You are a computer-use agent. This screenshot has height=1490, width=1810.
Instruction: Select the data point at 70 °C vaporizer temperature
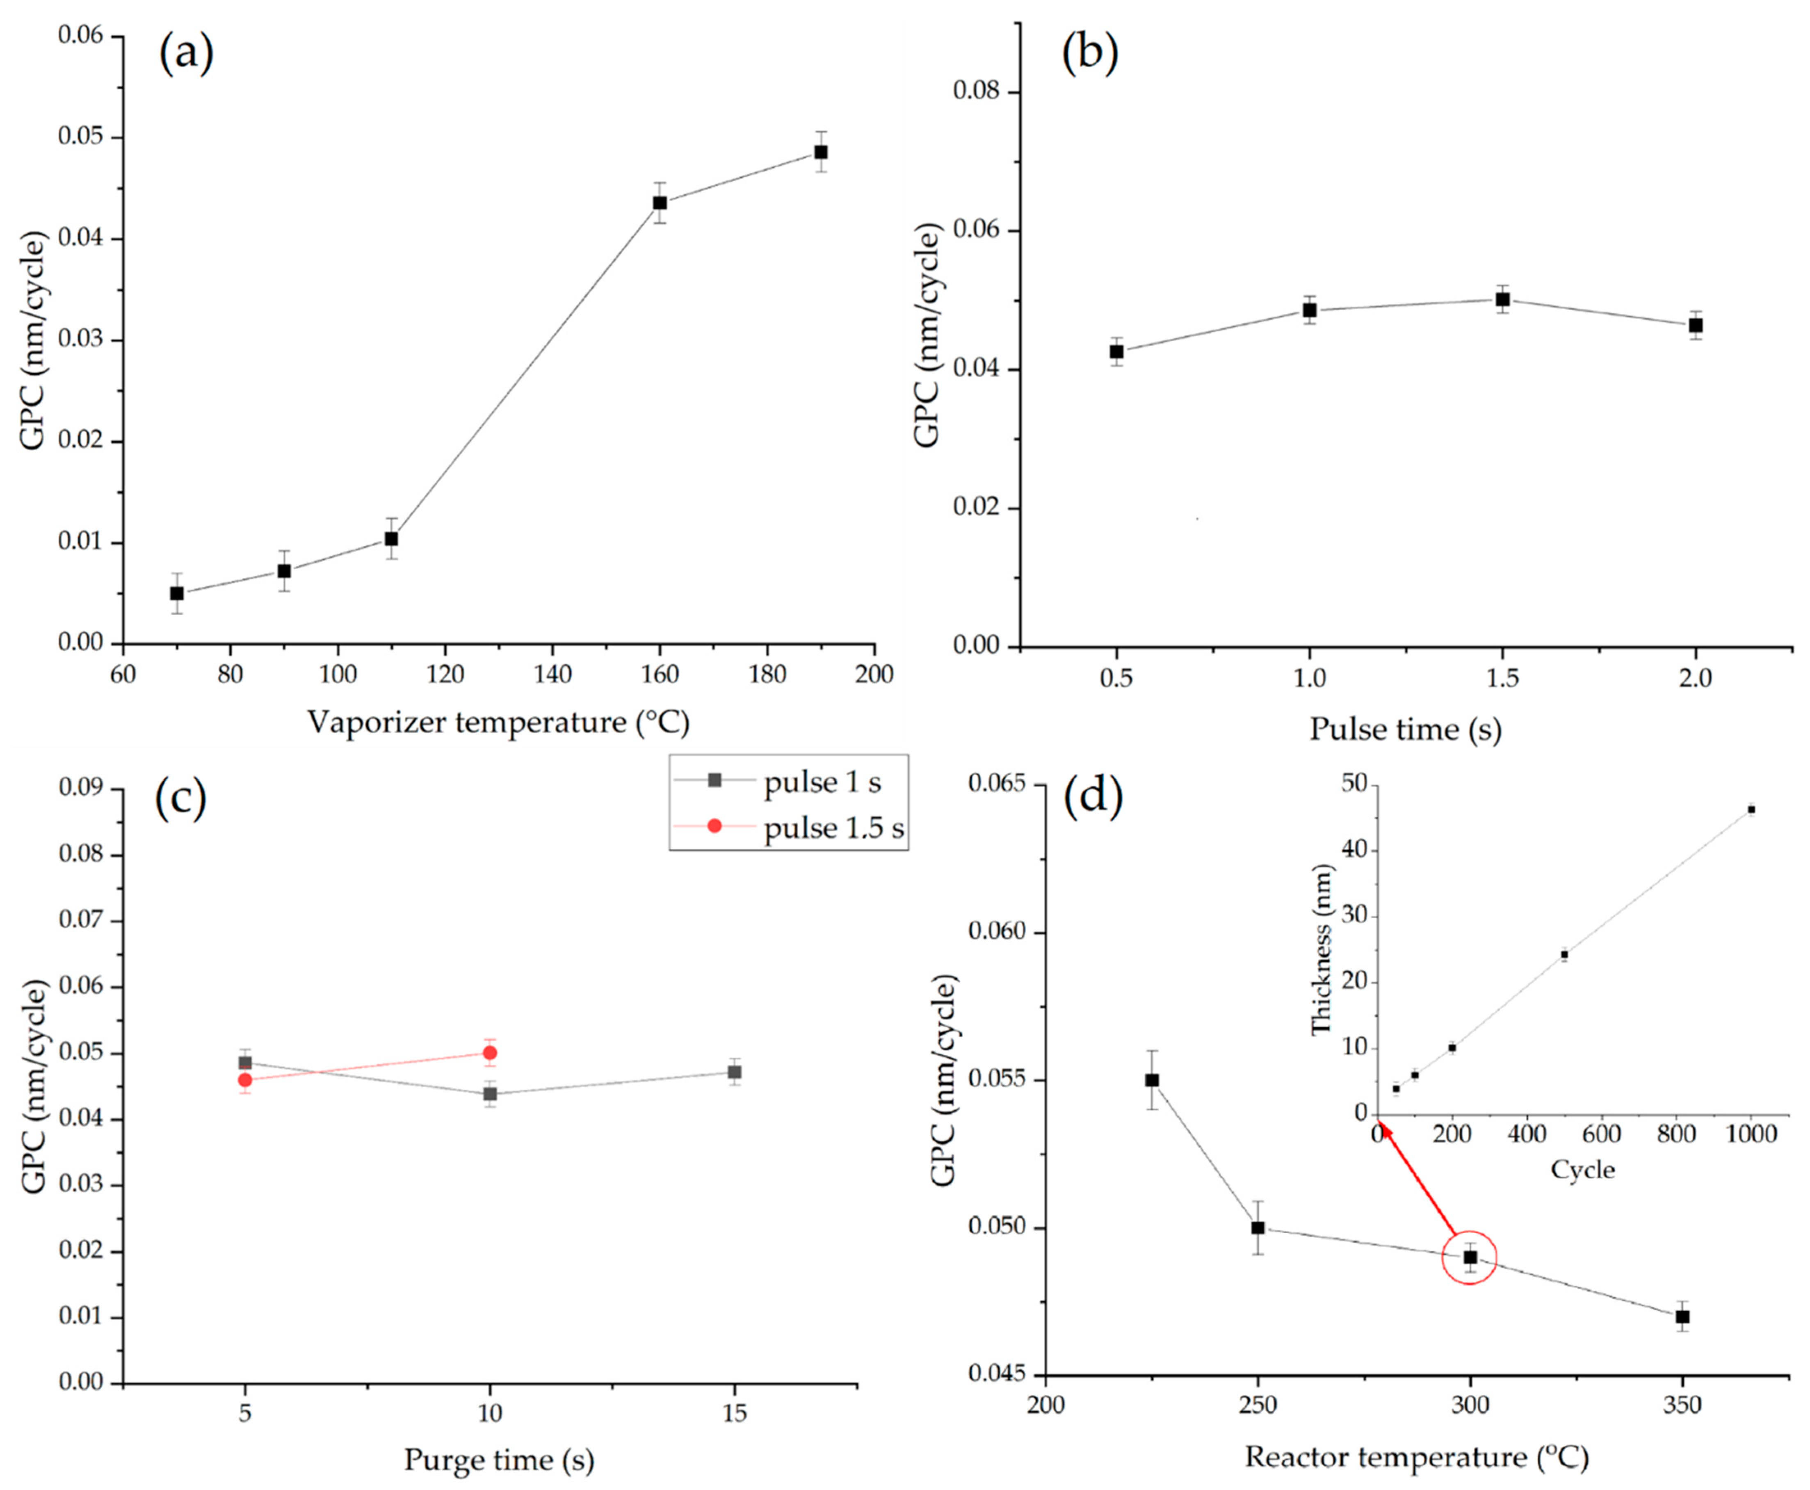tap(177, 593)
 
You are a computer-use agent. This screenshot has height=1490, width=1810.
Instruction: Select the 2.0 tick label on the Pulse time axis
tap(1694, 678)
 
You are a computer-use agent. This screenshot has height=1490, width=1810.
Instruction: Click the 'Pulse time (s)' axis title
tap(1405, 730)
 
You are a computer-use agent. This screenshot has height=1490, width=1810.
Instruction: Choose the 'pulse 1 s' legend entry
tap(821, 782)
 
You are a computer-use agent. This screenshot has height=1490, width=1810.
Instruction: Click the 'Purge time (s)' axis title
tap(499, 1459)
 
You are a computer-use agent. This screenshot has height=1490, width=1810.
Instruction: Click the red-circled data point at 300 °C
tap(1470, 1257)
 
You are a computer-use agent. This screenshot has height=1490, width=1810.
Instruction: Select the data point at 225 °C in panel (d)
tap(1152, 1080)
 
